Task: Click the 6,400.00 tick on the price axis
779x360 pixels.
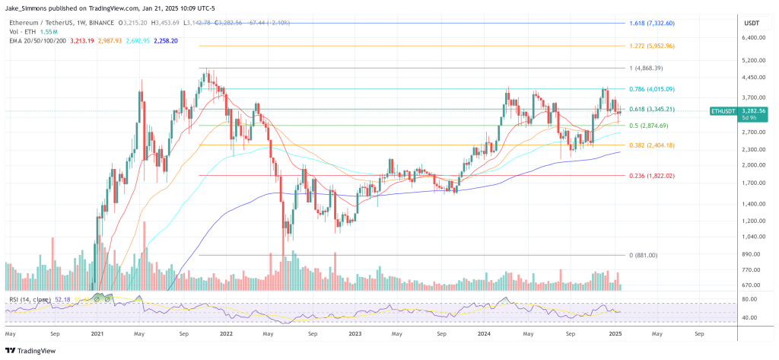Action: (752, 37)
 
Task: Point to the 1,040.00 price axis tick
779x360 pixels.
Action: (752, 237)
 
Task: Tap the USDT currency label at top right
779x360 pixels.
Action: (750, 22)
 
